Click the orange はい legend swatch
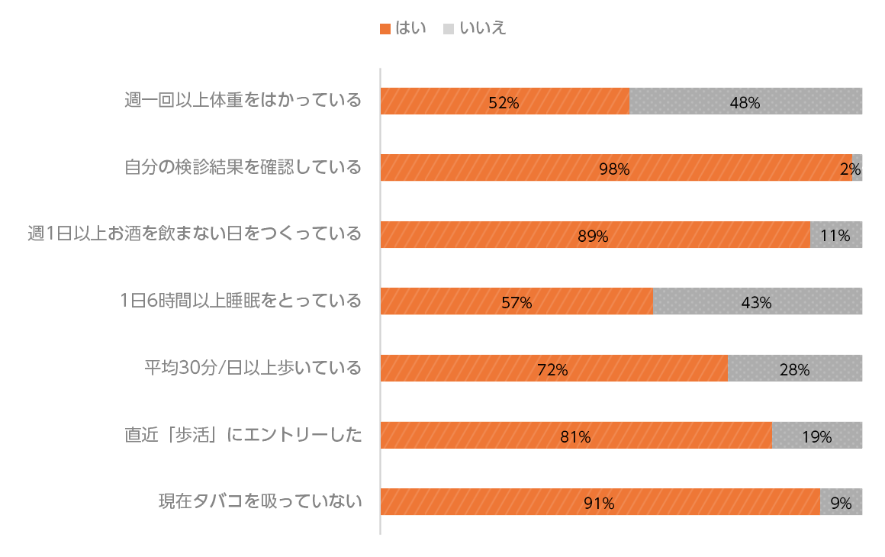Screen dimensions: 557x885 point(385,29)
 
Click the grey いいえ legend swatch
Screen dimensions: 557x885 point(449,29)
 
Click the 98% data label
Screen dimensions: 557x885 point(614,169)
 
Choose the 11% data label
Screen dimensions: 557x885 point(835,237)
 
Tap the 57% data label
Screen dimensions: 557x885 point(517,303)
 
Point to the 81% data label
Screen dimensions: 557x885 point(575,437)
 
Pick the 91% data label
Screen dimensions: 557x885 point(599,504)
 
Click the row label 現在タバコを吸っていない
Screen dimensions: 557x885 point(259,501)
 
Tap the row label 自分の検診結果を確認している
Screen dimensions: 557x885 point(243,167)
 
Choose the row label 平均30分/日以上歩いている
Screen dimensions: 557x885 point(253,368)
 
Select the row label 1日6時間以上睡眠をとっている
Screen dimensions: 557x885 point(240,301)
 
